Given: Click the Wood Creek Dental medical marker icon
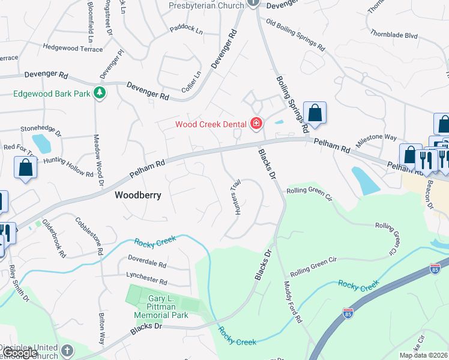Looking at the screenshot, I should tap(257, 124).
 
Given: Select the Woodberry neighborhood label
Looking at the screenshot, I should tap(138, 196).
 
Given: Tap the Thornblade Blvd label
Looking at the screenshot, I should tap(393, 35).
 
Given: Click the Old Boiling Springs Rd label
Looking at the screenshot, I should tap(295, 36).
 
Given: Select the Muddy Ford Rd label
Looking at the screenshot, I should tap(292, 303).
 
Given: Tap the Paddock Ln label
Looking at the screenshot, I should tap(185, 28).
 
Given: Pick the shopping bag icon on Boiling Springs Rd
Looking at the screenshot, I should tap(315, 113).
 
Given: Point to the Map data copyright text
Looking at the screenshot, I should tap(423, 356).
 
